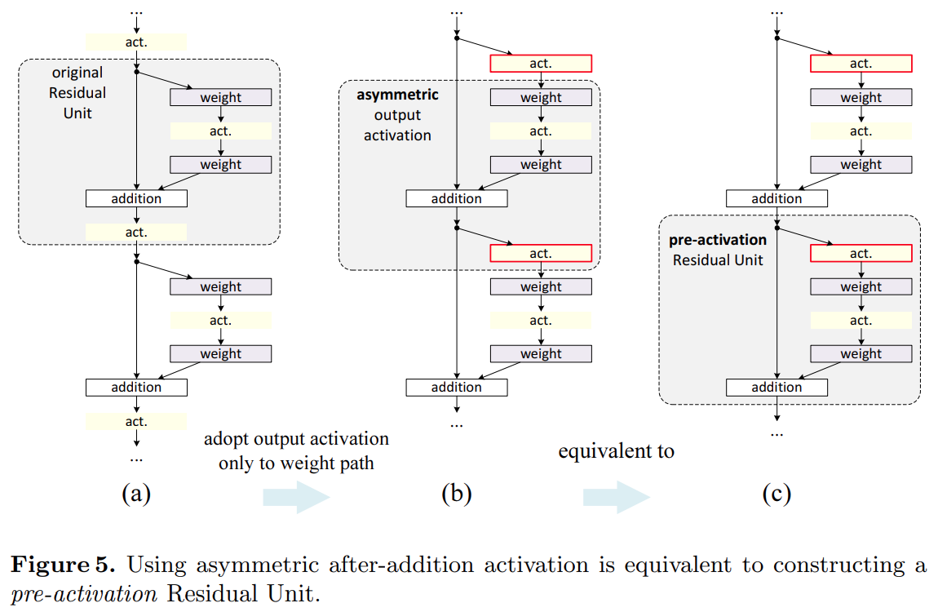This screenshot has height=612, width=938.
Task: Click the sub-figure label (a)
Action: click(x=136, y=493)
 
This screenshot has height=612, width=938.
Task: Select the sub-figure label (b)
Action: click(x=456, y=493)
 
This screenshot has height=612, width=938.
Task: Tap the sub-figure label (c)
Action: click(x=777, y=493)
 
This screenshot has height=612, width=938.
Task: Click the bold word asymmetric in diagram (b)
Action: click(x=397, y=95)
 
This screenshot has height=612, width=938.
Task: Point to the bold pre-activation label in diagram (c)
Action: click(x=718, y=240)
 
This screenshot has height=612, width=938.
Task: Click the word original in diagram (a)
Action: click(x=77, y=73)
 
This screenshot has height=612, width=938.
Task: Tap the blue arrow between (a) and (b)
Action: click(x=295, y=497)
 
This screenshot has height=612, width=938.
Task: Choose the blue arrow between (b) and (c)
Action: click(x=616, y=497)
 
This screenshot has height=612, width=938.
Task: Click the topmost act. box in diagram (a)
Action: click(x=136, y=42)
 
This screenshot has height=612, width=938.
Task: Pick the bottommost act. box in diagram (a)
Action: click(x=136, y=421)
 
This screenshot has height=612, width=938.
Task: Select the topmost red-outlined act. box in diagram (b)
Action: click(x=540, y=64)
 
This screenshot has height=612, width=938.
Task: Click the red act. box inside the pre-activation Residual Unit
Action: click(x=861, y=254)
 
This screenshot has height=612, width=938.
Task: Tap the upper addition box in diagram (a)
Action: click(x=136, y=198)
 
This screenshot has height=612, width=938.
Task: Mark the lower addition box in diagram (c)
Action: click(x=777, y=388)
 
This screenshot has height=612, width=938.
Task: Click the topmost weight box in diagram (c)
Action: click(x=861, y=97)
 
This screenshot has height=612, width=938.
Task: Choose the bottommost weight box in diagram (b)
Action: click(x=540, y=353)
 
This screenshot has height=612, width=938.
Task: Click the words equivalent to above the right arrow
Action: click(x=616, y=451)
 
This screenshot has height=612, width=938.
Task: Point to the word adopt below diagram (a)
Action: click(x=227, y=439)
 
